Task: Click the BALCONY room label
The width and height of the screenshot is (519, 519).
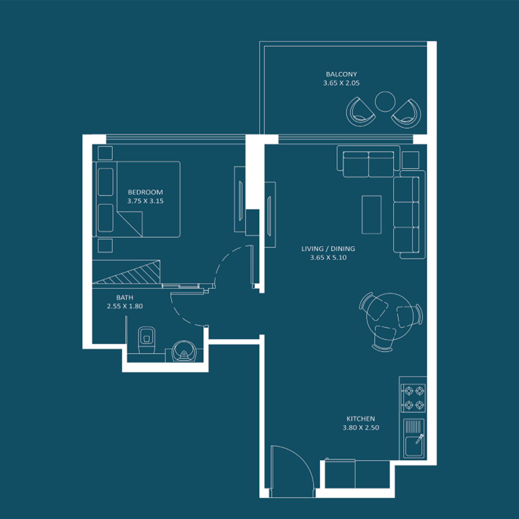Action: pos(341,74)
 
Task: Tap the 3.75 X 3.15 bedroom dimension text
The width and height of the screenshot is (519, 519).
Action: pos(145,201)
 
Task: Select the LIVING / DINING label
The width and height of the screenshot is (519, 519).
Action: pos(328,249)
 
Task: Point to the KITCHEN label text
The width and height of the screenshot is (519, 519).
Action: pos(361,419)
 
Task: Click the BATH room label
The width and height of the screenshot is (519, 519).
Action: pos(125,298)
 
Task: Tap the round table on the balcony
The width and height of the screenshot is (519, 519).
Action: pos(385,102)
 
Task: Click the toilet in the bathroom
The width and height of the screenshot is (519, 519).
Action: pos(147,340)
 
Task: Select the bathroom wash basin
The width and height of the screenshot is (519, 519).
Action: pos(184,351)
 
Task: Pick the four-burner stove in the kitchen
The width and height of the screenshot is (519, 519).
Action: pos(413,398)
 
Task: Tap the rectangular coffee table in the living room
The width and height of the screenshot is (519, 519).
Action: pos(372,215)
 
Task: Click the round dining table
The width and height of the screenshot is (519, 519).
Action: pos(390,317)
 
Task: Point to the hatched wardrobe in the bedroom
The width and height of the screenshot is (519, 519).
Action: pos(126,272)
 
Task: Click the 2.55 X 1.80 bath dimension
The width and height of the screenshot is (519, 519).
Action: pos(125,306)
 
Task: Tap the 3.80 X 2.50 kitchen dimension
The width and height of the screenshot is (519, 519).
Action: pos(361,428)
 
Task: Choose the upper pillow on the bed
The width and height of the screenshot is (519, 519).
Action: pos(106,182)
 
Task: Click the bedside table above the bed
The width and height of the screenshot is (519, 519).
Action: pos(105,153)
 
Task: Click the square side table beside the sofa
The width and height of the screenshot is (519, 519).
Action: pos(411,160)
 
